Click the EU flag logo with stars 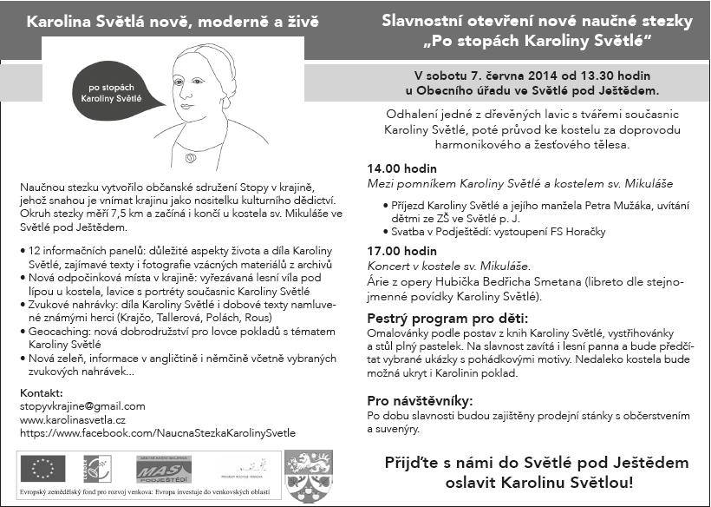[x=42, y=470]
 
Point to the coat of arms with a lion [x=309, y=474]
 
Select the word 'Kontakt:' [x=41, y=392]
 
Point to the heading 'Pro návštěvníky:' [x=420, y=401]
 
